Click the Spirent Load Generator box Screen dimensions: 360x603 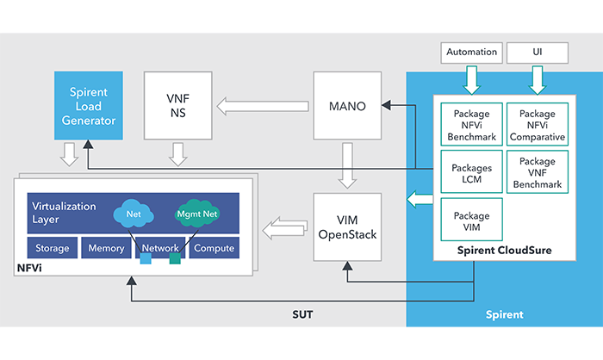tap(89, 105)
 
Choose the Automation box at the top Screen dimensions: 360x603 tap(472, 53)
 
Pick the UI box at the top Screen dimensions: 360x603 tap(538, 53)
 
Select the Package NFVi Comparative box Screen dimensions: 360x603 tap(537, 125)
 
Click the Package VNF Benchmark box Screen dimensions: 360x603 tap(537, 172)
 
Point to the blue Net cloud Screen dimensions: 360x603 tap(133, 213)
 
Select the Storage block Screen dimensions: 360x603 tap(53, 249)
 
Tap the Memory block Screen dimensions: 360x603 tap(106, 249)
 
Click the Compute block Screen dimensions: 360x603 tap(213, 249)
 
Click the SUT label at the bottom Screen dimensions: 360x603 tap(301, 313)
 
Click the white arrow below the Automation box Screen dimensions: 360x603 tap(472, 80)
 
